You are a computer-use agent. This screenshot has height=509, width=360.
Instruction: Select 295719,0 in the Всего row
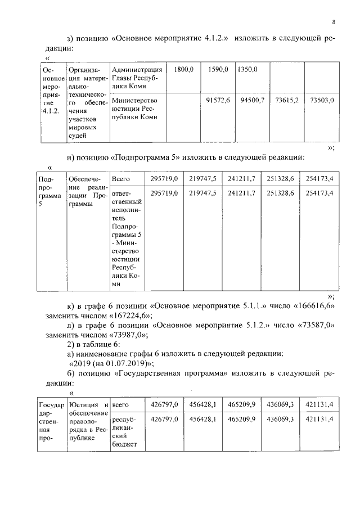tap(165, 179)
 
